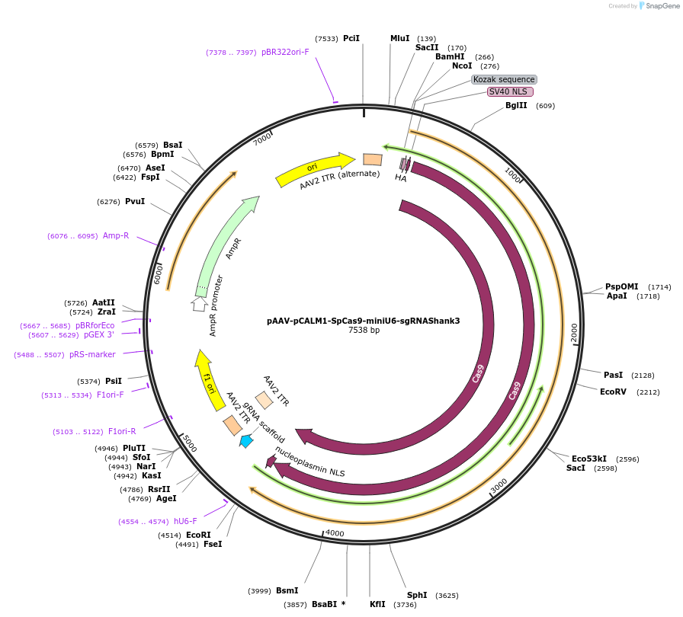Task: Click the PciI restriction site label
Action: (x=351, y=38)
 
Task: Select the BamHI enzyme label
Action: (x=450, y=56)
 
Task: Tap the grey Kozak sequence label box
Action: (x=504, y=79)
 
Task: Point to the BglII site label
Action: (x=516, y=106)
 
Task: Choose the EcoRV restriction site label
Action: (x=613, y=392)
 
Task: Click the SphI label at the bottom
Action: (x=417, y=595)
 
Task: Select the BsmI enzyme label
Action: (x=287, y=591)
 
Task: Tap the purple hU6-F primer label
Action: (x=185, y=521)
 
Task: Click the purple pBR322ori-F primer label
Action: (x=285, y=53)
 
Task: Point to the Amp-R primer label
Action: (x=116, y=236)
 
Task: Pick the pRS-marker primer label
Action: (x=92, y=355)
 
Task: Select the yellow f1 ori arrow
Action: (x=207, y=379)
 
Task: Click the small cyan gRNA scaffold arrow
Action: (x=246, y=441)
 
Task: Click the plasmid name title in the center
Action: (x=364, y=321)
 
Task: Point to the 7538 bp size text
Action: (x=364, y=331)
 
